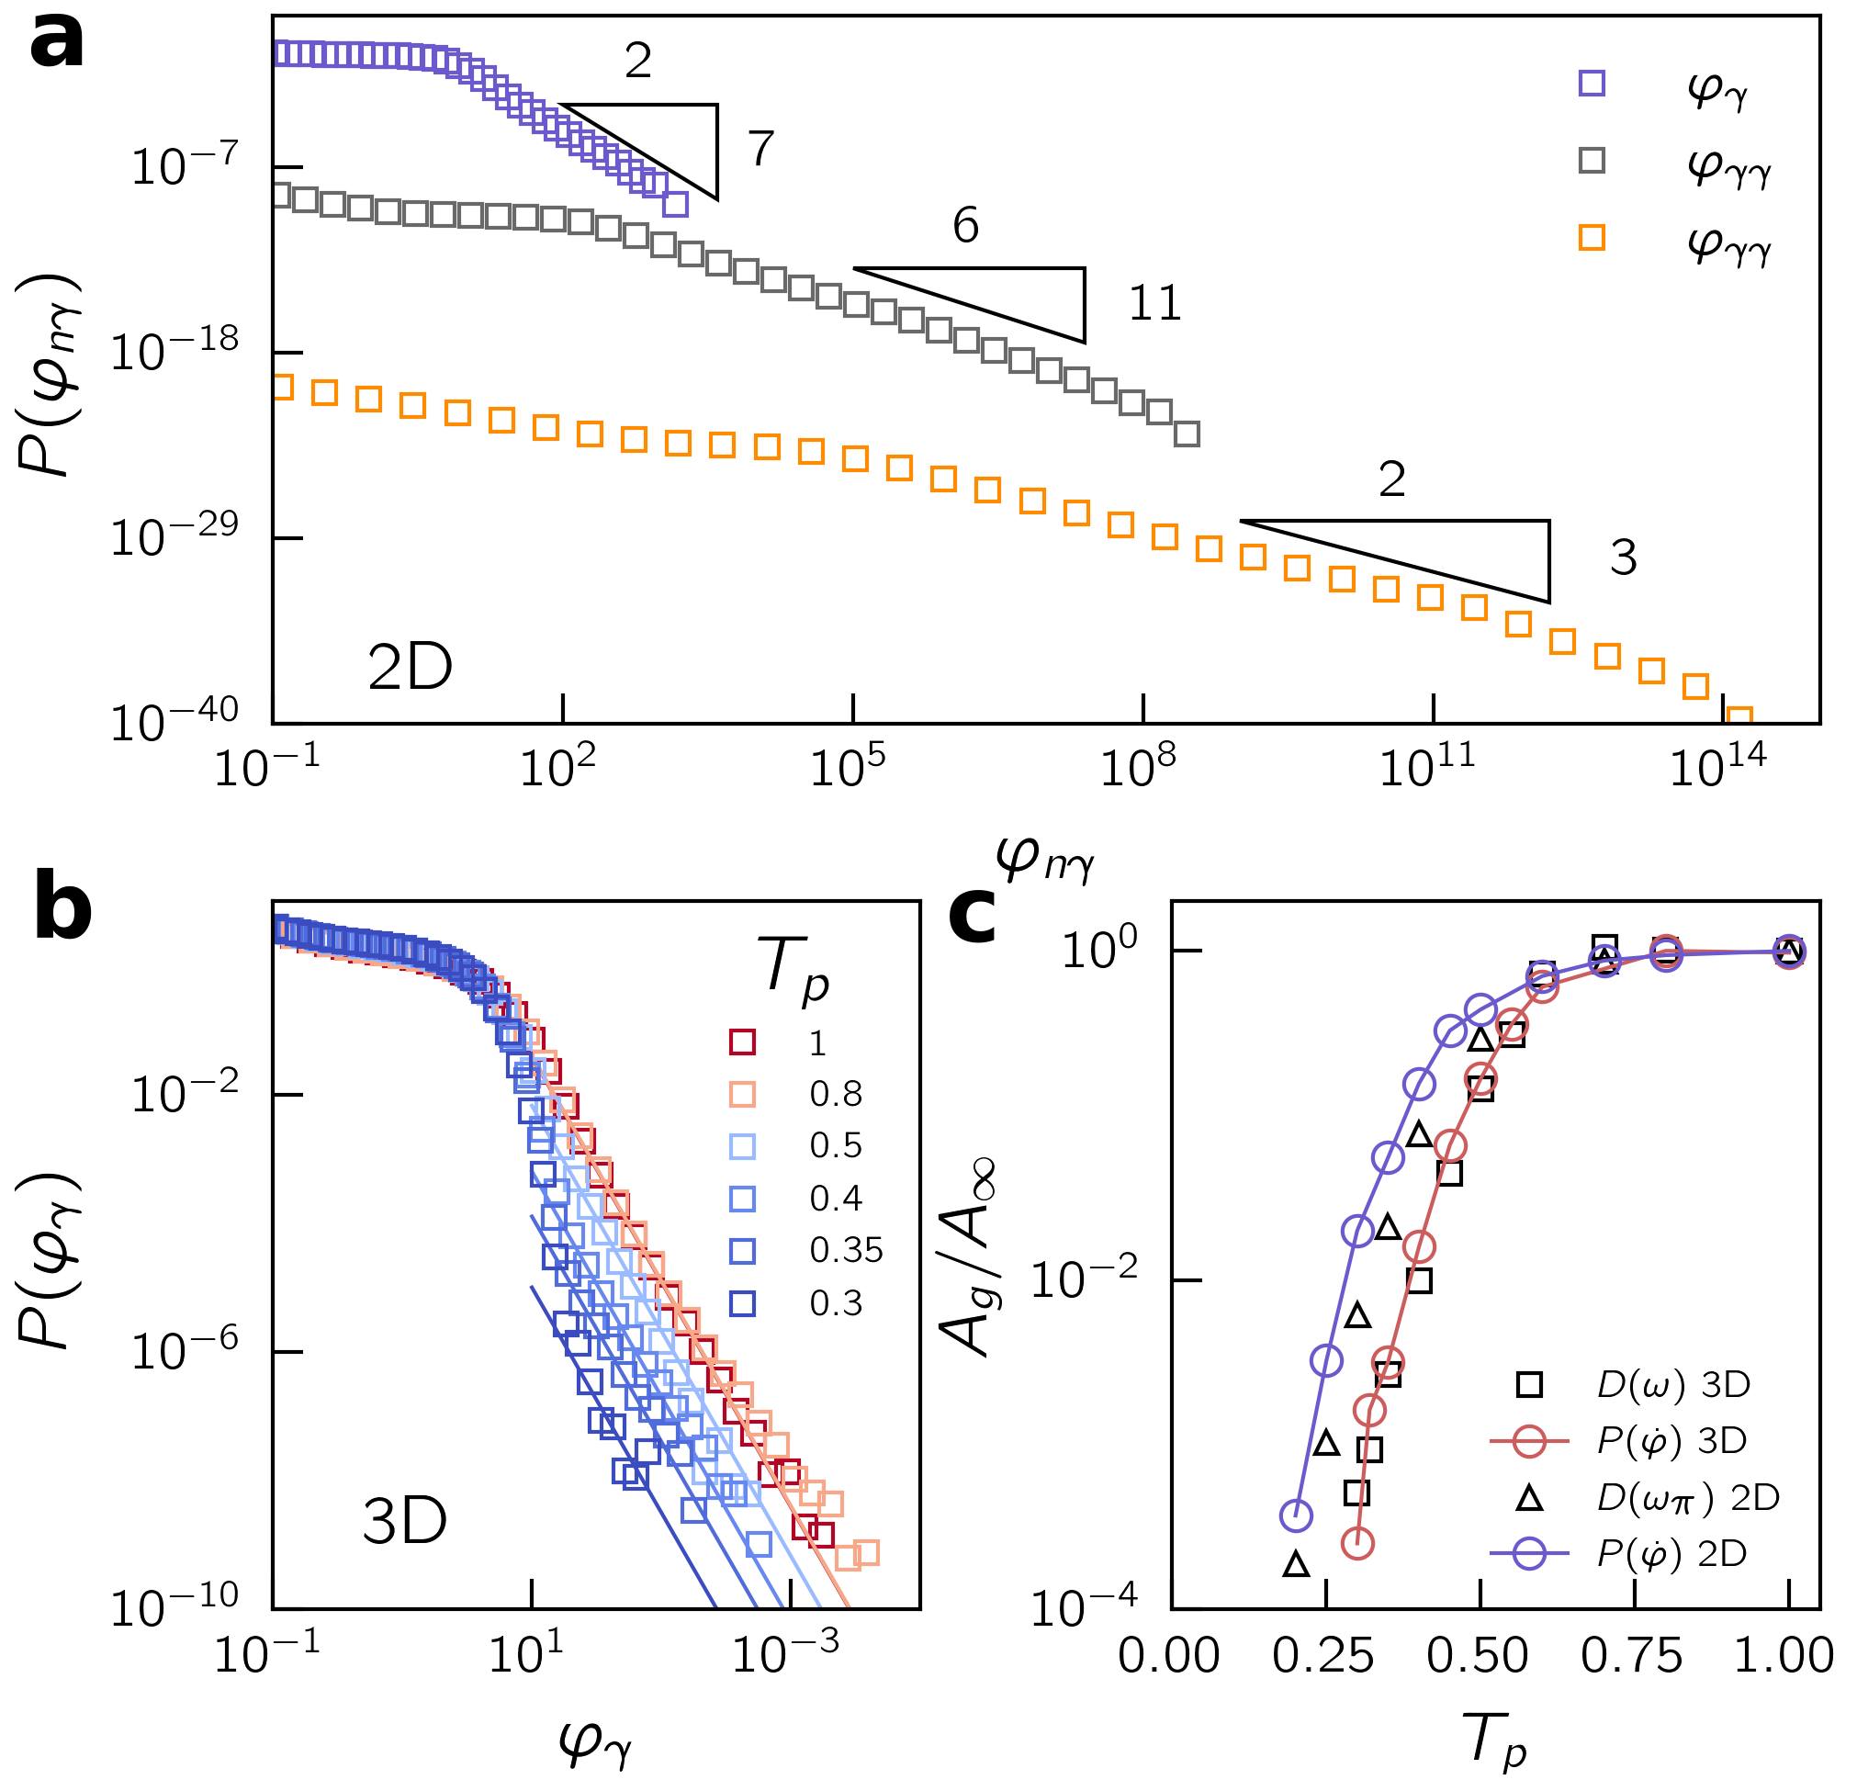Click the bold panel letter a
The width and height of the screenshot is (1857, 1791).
coord(57,43)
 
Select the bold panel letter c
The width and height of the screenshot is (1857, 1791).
coord(973,916)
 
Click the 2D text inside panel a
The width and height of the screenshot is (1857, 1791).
coord(410,668)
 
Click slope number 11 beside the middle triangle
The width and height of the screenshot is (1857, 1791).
coord(1154,304)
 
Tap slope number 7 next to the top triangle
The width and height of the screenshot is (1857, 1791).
coord(760,149)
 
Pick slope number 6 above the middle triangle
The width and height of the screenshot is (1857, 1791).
coord(964,226)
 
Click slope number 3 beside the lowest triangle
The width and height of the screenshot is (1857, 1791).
coord(1623,558)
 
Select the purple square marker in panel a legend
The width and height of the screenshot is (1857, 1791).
coord(1592,84)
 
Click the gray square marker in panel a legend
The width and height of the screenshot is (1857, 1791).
coord(1592,160)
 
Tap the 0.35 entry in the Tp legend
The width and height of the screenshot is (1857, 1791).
coord(845,1251)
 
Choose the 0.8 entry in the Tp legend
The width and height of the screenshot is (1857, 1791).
coord(835,1095)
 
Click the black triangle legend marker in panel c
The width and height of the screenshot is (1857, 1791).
coord(1529,1498)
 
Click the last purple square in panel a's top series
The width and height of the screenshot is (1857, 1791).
coord(676,204)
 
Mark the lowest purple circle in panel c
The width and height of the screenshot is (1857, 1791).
coord(1296,1515)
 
